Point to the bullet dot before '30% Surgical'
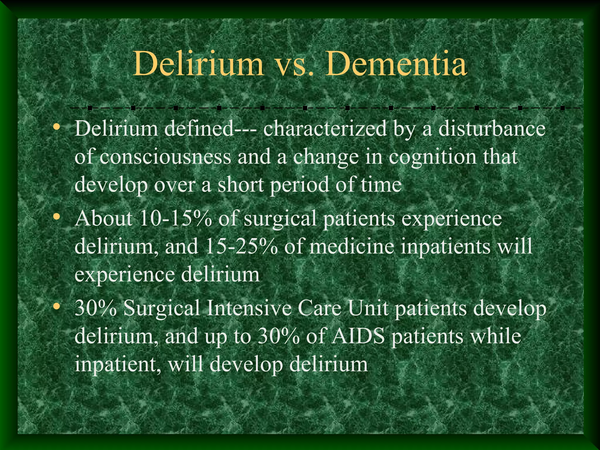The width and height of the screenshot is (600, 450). pyautogui.click(x=56, y=307)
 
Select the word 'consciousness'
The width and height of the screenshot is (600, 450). pyautogui.click(x=165, y=157)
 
